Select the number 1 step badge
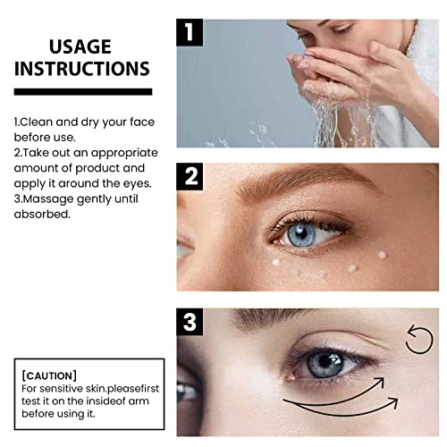(x=190, y=31)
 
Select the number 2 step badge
(x=190, y=177)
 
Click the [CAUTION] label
(x=51, y=375)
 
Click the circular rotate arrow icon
(x=418, y=340)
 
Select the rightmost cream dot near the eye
(x=382, y=256)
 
